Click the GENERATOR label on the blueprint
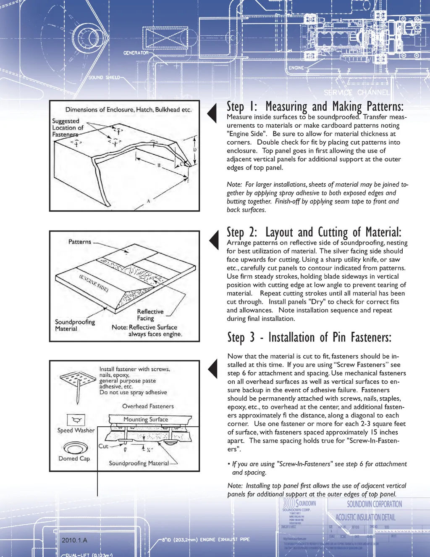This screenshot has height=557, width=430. click(136, 53)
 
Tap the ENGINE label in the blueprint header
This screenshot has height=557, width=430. click(296, 68)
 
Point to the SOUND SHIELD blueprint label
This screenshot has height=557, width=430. click(104, 77)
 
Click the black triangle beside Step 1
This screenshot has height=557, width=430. click(212, 113)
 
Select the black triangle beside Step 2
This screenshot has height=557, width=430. click(214, 240)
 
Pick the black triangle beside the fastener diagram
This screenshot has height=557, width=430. click(213, 369)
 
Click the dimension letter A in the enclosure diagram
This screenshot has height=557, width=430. click(148, 201)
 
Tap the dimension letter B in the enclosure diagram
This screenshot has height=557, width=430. click(159, 165)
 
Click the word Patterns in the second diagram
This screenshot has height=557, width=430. click(80, 242)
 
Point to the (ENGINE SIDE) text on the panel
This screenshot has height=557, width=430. click(94, 283)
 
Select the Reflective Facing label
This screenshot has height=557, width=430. click(150, 315)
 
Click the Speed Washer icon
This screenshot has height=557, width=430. click(76, 420)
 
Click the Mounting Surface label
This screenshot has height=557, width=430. click(145, 419)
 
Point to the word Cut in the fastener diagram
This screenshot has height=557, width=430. click(103, 446)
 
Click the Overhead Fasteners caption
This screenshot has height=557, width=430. click(148, 406)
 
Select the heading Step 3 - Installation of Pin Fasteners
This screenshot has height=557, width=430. click(309, 338)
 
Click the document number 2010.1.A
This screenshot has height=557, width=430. click(74, 540)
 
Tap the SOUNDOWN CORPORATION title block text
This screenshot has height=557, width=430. click(374, 504)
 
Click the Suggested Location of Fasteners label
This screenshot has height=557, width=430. click(68, 127)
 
